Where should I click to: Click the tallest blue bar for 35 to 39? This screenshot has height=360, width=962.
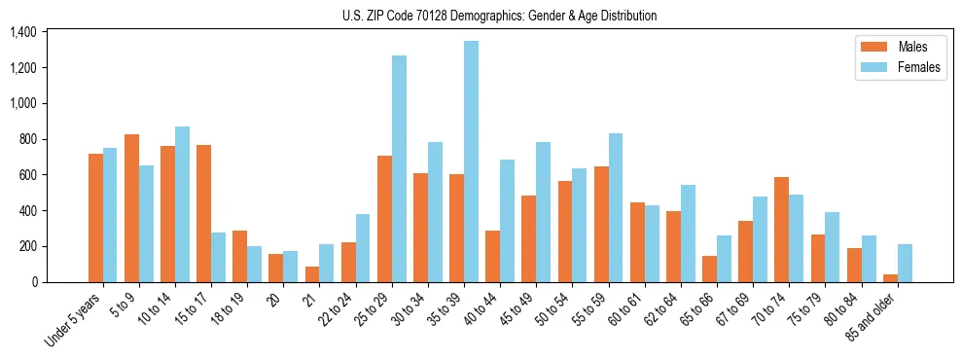pyautogui.click(x=471, y=162)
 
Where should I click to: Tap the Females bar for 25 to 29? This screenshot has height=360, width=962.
pyautogui.click(x=399, y=169)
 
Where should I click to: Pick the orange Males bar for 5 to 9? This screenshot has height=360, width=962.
pyautogui.click(x=131, y=208)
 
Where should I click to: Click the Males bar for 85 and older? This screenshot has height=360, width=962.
pyautogui.click(x=890, y=278)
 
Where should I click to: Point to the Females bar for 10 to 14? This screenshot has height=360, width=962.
pyautogui.click(x=182, y=204)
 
